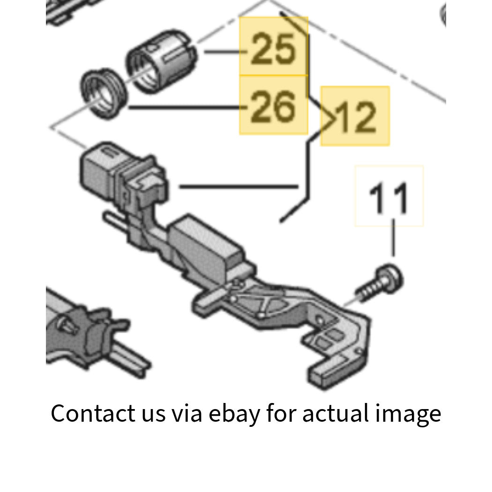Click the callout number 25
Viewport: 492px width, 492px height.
tap(273, 49)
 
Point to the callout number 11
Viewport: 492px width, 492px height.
tap(388, 198)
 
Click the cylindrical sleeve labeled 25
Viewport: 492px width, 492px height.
tap(161, 61)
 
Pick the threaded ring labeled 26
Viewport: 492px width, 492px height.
tap(104, 94)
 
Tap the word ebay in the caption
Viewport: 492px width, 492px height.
tap(234, 414)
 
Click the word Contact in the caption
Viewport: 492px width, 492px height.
tap(93, 414)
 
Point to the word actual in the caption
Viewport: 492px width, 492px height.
tap(335, 414)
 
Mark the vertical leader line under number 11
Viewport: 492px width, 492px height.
tap(394, 238)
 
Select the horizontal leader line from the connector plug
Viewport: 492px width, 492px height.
tap(239, 186)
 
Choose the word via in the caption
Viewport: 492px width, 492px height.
tap(186, 414)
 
